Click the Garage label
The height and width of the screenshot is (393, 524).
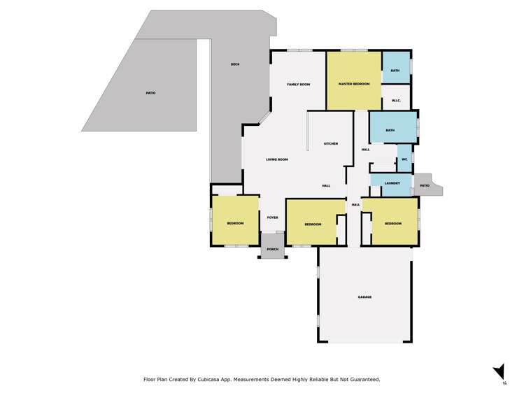click(x=364, y=297)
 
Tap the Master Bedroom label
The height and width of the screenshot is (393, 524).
click(x=353, y=84)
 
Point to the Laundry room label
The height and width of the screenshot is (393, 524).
click(x=392, y=183)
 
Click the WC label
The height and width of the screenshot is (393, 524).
click(x=404, y=159)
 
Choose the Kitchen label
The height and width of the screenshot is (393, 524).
click(x=330, y=144)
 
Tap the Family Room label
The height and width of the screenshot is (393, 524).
click(x=298, y=85)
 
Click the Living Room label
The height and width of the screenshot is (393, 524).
click(x=277, y=159)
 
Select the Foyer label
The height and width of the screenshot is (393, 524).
click(x=272, y=217)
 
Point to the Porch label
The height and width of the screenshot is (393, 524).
click(x=273, y=249)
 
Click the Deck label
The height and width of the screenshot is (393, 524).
click(x=235, y=65)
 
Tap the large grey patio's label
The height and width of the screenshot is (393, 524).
click(x=150, y=93)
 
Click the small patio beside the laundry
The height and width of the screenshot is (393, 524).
click(x=424, y=185)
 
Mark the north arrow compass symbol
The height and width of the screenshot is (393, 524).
click(x=499, y=372)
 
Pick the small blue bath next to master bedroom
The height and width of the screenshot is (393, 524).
click(x=395, y=71)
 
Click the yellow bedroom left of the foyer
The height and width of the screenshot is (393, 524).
click(x=235, y=222)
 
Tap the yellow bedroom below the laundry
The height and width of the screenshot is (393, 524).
click(x=394, y=223)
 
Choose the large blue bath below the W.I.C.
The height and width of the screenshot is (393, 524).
click(x=390, y=130)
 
